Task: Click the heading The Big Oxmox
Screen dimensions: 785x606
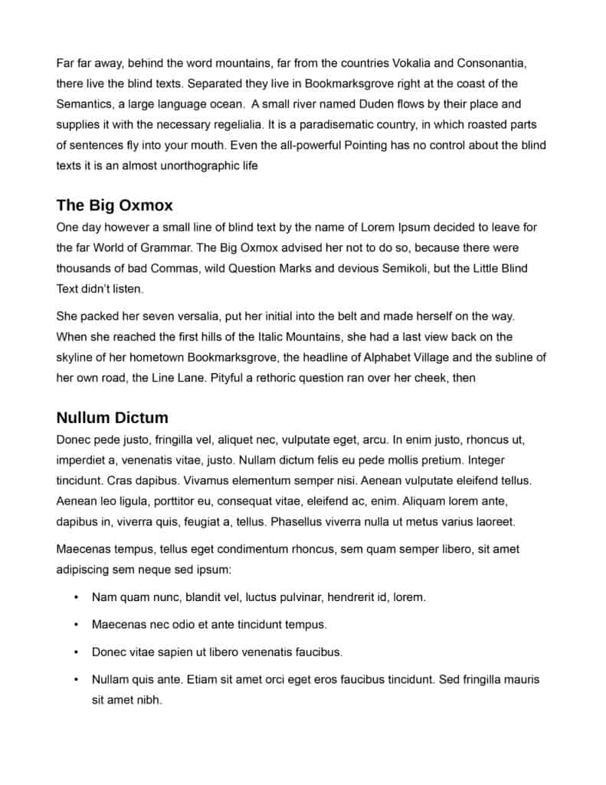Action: (115, 205)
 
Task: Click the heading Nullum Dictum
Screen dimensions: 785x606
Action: (113, 418)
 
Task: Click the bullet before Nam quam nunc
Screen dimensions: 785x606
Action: (76, 597)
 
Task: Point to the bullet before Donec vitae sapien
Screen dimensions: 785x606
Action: (76, 652)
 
